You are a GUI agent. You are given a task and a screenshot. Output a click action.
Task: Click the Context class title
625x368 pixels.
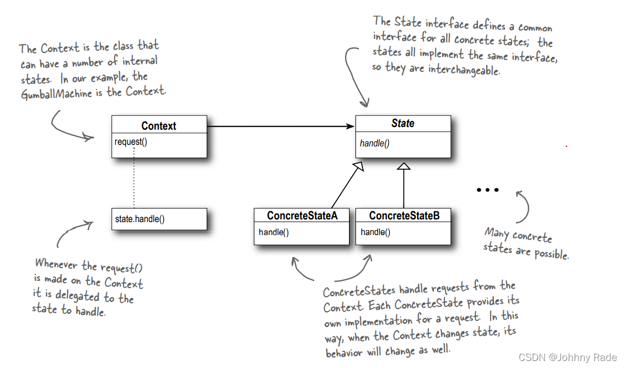(159, 126)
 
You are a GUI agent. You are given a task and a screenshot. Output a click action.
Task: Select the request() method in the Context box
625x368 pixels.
(130, 142)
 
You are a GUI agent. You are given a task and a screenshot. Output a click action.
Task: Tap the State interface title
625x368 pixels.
(402, 123)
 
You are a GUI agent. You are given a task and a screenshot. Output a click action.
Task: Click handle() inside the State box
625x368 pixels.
(374, 143)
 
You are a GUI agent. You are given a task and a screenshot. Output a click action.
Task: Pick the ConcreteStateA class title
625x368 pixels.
(302, 216)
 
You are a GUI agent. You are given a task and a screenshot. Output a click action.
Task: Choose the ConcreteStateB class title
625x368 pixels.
(404, 216)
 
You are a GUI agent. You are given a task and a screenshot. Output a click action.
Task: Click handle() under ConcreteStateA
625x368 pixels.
(273, 232)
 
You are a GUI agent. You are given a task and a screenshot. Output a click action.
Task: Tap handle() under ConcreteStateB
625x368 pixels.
(375, 232)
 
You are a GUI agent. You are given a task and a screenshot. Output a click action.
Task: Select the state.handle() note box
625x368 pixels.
(159, 219)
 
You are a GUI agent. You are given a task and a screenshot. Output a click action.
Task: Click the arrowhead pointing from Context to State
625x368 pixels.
(350, 126)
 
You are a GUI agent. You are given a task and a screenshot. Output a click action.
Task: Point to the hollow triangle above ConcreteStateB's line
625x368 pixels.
(404, 166)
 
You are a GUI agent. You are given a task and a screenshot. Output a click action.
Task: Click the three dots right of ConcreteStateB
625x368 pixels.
(487, 190)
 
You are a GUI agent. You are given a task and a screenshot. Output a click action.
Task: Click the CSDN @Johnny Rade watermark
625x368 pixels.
(567, 358)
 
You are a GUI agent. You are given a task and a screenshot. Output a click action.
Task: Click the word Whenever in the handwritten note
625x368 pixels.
(57, 264)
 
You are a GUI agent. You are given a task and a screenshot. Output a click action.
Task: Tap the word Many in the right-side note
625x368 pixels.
(497, 233)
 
